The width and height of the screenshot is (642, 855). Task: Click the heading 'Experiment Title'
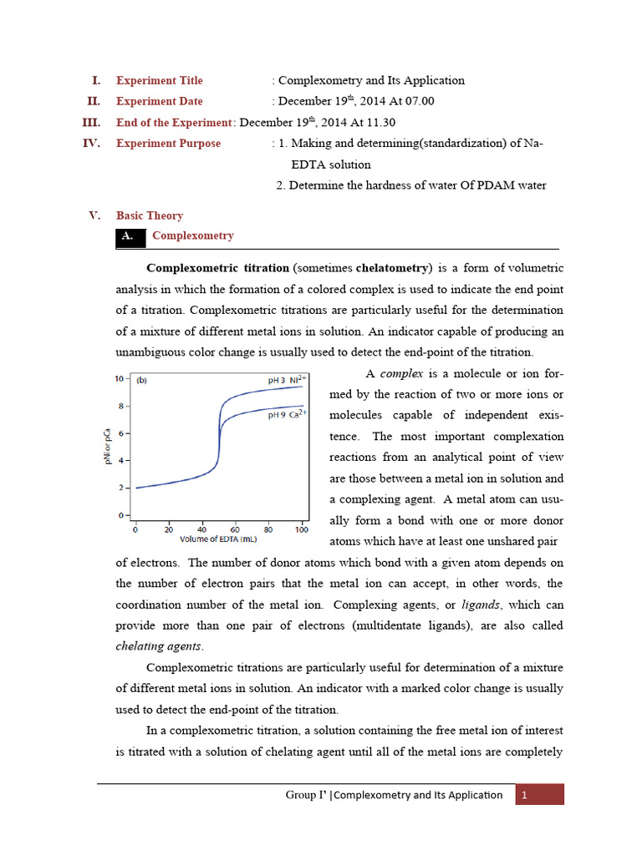click(x=159, y=81)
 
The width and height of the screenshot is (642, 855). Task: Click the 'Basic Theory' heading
click(x=150, y=215)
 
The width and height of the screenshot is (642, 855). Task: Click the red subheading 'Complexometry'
click(x=192, y=236)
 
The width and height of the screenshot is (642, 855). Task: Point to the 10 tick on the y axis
click(x=120, y=379)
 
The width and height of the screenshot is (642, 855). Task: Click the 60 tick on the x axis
click(x=235, y=529)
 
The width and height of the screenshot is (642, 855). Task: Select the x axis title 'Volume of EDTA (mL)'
click(x=219, y=539)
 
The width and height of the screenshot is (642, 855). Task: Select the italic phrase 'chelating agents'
click(x=158, y=646)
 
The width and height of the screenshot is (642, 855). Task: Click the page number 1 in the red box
click(x=523, y=795)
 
